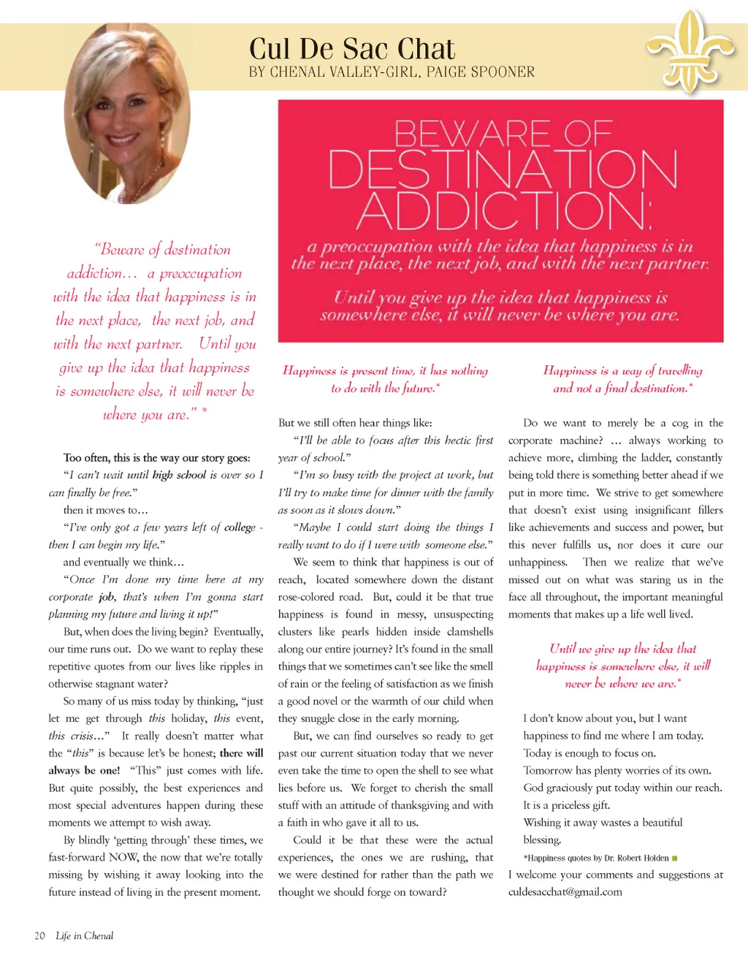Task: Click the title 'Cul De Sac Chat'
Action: (351, 49)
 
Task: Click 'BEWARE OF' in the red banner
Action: (503, 133)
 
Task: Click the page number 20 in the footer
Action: (39, 936)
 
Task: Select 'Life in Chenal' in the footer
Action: (85, 936)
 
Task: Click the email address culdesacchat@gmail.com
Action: (565, 892)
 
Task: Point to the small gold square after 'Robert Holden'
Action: (674, 858)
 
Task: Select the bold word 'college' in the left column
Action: (240, 527)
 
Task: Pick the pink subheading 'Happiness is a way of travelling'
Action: (622, 371)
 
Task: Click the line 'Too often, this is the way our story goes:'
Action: (156, 458)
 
